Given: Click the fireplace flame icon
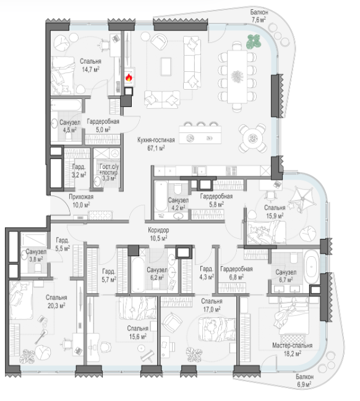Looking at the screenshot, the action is point(129,77).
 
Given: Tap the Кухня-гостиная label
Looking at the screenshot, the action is point(156,140).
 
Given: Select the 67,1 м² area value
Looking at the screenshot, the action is point(156,148).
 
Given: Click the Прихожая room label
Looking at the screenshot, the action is point(81,197).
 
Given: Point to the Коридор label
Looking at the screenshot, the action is point(158,230).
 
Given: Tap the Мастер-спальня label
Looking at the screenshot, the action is point(292,345).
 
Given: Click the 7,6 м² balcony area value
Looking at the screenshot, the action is point(259,20).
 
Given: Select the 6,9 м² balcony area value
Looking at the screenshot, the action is point(304,384).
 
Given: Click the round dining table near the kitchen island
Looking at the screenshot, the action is point(253,139).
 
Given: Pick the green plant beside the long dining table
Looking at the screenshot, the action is point(254,41).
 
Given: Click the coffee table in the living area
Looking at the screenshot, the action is point(166,66).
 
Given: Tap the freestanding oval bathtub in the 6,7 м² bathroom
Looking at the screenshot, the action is point(311,267).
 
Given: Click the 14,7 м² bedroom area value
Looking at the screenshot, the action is point(90,69).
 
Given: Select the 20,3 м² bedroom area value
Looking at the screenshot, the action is point(56,306).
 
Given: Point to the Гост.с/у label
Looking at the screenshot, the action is point(109,166).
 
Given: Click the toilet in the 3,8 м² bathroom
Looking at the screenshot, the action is point(38,268).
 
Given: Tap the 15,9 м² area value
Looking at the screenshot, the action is point(275,216).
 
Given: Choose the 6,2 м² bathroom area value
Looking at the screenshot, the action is point(157,278).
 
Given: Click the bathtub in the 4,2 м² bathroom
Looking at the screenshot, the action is point(161,200).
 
